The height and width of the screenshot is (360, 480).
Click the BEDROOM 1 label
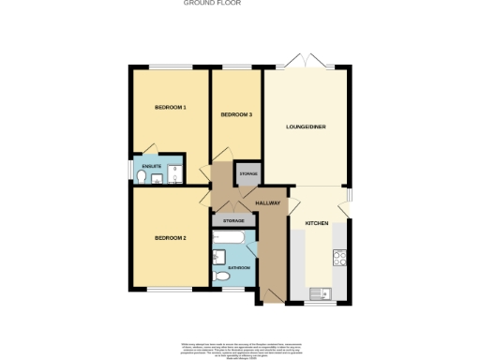pyautogui.click(x=171, y=108)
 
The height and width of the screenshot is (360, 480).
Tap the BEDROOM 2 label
pyautogui.click(x=171, y=238)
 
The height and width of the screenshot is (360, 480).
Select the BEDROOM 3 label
pyautogui.click(x=236, y=114)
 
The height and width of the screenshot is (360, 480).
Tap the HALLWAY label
pyautogui.click(x=268, y=202)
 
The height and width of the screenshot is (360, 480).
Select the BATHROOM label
pyautogui.click(x=239, y=268)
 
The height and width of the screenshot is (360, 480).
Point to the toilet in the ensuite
pyautogui.click(x=142, y=176)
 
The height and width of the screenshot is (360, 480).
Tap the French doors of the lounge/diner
pyautogui.click(x=307, y=64)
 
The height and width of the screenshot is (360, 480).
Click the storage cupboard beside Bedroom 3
pyautogui.click(x=248, y=174)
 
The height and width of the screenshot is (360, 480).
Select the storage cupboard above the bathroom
pyautogui.click(x=233, y=220)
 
